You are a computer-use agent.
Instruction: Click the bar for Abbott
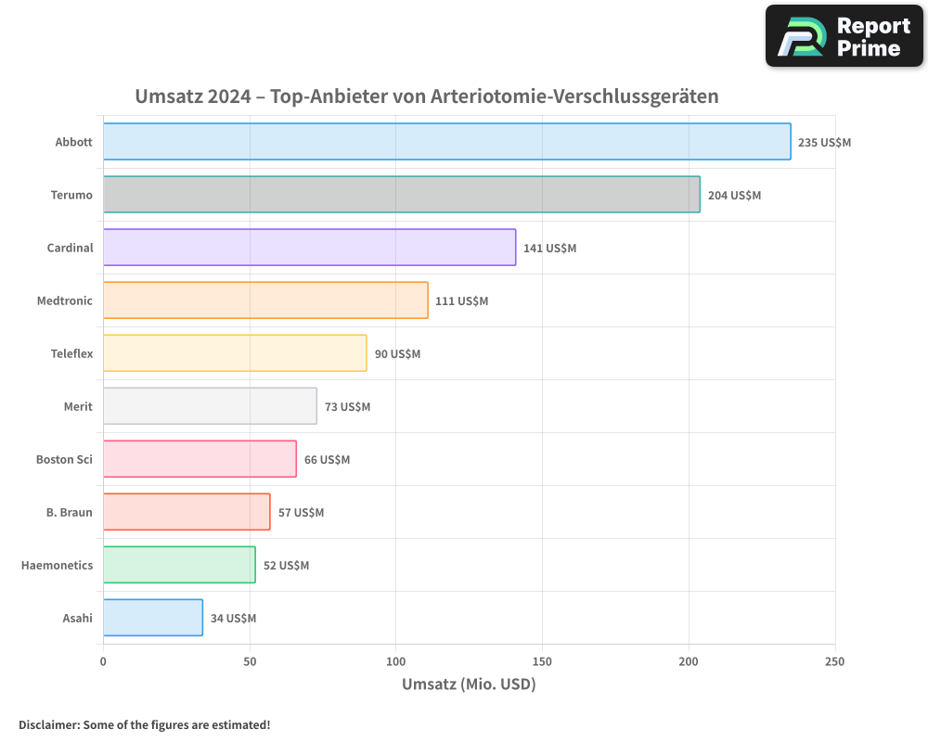click(x=446, y=142)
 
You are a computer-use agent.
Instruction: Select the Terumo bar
click(x=401, y=195)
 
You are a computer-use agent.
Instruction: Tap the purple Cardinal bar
click(x=309, y=248)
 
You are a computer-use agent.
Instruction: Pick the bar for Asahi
click(x=152, y=618)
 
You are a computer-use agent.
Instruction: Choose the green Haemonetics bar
click(x=179, y=565)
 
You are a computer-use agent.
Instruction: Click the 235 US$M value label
click(x=824, y=143)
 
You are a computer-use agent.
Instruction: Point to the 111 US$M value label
click(x=461, y=301)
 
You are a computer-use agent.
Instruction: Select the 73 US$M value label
click(x=347, y=407)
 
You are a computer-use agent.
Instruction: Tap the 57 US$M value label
click(x=301, y=513)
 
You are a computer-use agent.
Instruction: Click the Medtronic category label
click(x=65, y=301)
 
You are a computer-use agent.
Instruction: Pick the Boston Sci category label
click(x=64, y=459)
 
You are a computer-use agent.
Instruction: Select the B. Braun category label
click(x=70, y=512)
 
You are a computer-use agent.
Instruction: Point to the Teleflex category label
click(x=71, y=353)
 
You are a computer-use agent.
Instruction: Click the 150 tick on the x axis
click(x=542, y=661)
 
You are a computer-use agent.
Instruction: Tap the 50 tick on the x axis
click(x=250, y=661)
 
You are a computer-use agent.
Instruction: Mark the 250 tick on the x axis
click(x=834, y=661)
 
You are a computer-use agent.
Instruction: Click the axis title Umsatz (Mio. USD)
click(x=469, y=684)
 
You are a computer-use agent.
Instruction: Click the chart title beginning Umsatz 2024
click(x=427, y=96)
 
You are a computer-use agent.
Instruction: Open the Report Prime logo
click(x=844, y=36)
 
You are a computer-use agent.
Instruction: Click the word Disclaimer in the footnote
click(x=47, y=724)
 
